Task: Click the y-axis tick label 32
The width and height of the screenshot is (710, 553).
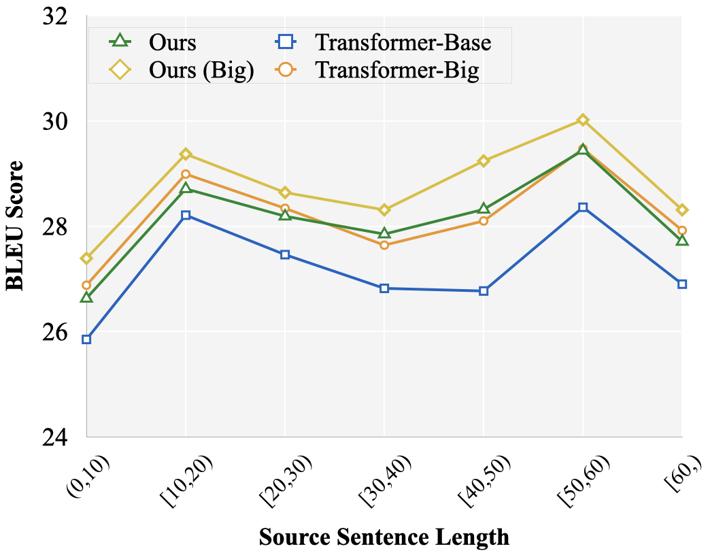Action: [58, 16]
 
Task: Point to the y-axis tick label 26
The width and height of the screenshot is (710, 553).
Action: [58, 332]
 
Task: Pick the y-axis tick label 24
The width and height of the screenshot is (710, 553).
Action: [58, 437]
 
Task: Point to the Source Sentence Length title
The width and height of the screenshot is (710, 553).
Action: [384, 537]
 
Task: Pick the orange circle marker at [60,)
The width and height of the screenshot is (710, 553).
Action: [682, 231]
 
